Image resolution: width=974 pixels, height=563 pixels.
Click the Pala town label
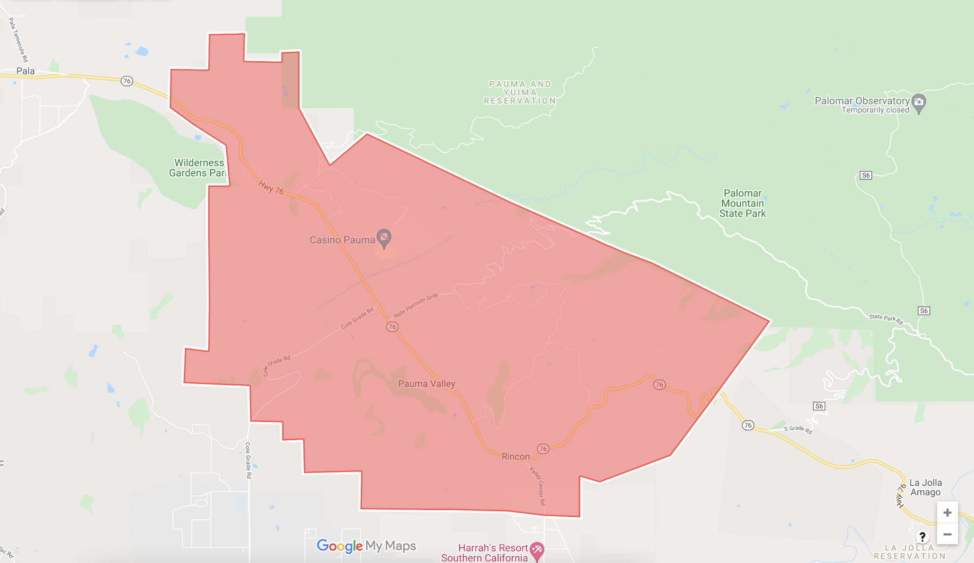(x=25, y=71)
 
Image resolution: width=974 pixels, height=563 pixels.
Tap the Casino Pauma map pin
(x=384, y=237)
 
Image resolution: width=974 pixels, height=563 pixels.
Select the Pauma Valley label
(x=427, y=384)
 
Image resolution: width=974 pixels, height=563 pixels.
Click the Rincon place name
(x=515, y=456)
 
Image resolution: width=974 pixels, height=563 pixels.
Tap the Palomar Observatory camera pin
(x=918, y=102)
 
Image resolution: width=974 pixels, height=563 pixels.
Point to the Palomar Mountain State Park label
(x=742, y=203)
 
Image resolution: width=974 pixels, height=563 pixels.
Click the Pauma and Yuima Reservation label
(x=520, y=92)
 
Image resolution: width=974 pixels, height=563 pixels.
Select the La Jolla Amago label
(x=925, y=487)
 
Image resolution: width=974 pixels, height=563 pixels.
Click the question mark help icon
(x=922, y=537)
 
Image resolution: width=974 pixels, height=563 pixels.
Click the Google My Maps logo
(x=366, y=546)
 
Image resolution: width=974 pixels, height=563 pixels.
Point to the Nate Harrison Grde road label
(x=416, y=305)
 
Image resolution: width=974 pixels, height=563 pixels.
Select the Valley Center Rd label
(x=538, y=486)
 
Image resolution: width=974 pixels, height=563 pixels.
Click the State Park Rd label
(x=886, y=319)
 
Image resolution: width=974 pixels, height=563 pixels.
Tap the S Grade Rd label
(x=798, y=429)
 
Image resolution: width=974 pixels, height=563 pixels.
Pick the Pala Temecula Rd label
(x=19, y=40)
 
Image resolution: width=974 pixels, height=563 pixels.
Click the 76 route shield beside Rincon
(x=543, y=449)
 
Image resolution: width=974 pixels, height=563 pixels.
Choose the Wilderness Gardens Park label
(x=198, y=168)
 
